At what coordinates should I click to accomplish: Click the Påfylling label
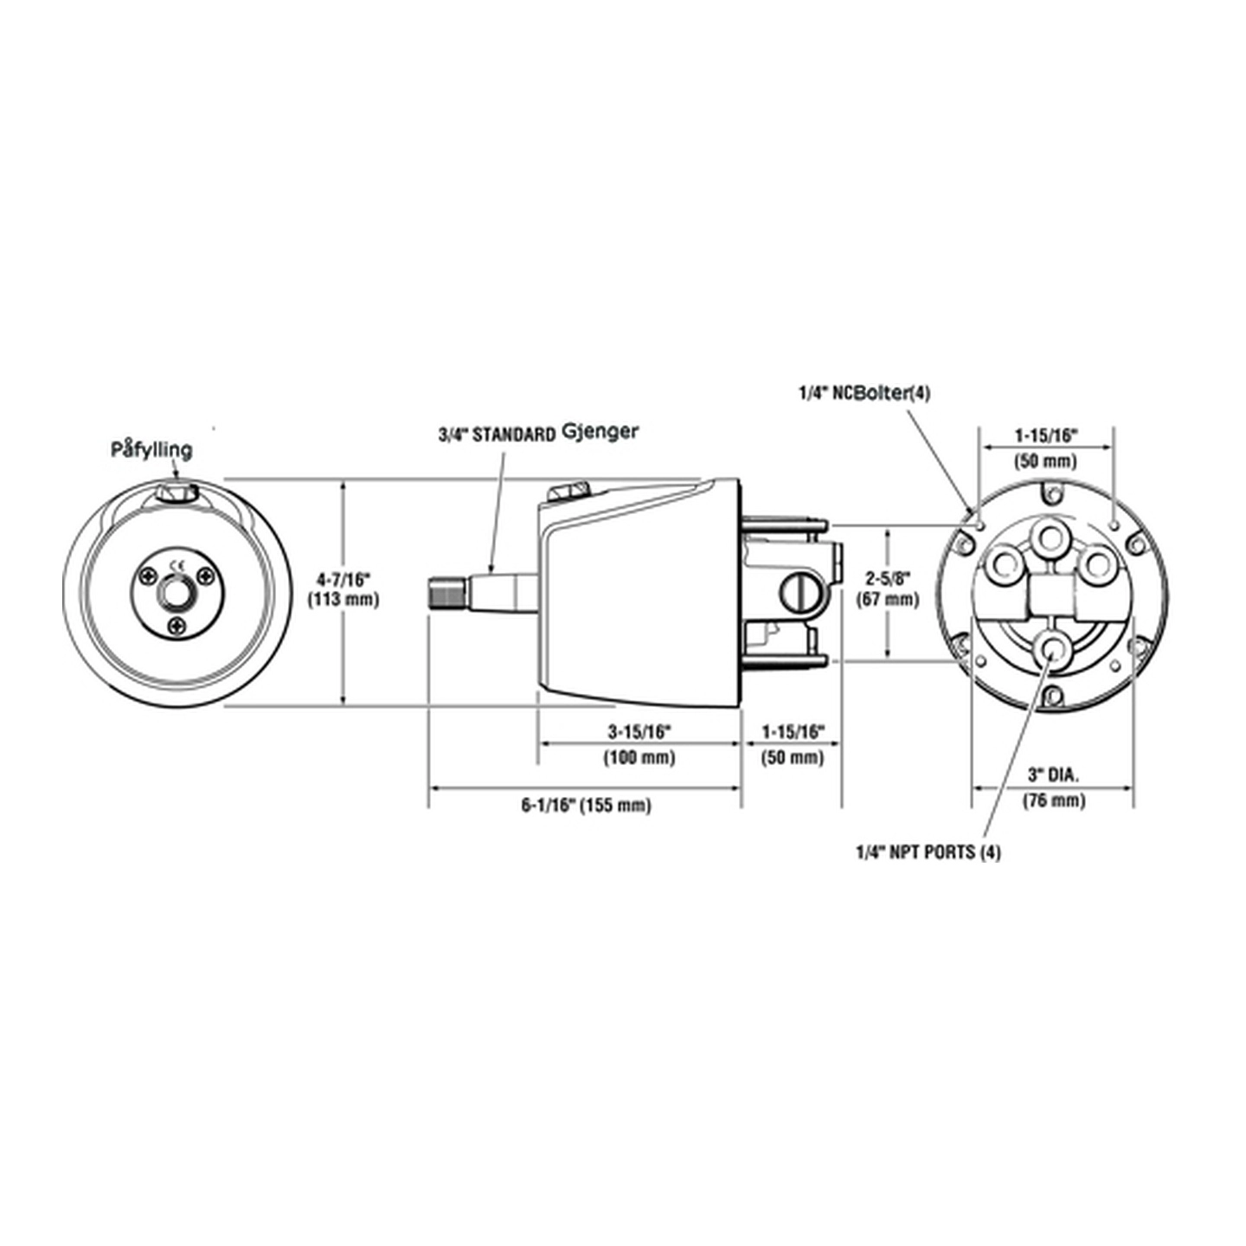pyautogui.click(x=151, y=450)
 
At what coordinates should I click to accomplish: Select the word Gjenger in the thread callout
pyautogui.click(x=600, y=430)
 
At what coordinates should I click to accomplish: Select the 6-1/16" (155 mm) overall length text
pyautogui.click(x=585, y=806)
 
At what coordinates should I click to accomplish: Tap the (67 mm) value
pyautogui.click(x=887, y=599)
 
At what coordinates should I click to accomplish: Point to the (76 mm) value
pyautogui.click(x=1053, y=800)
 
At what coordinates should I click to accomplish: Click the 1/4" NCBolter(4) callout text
pyautogui.click(x=864, y=394)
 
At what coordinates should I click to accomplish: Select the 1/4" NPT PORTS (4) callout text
pyautogui.click(x=928, y=852)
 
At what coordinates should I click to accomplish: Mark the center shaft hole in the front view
pyautogui.click(x=177, y=594)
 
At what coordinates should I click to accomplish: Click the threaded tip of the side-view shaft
pyautogui.click(x=447, y=594)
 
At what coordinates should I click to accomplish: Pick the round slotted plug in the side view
pyautogui.click(x=796, y=594)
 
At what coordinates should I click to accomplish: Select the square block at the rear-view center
pyautogui.click(x=1051, y=597)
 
